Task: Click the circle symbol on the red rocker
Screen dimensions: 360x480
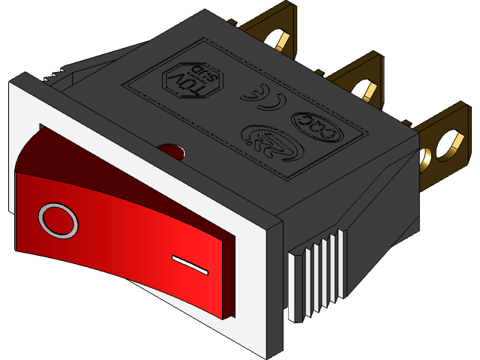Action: coord(58,221)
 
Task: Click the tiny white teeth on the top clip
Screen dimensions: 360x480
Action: coord(55,75)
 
